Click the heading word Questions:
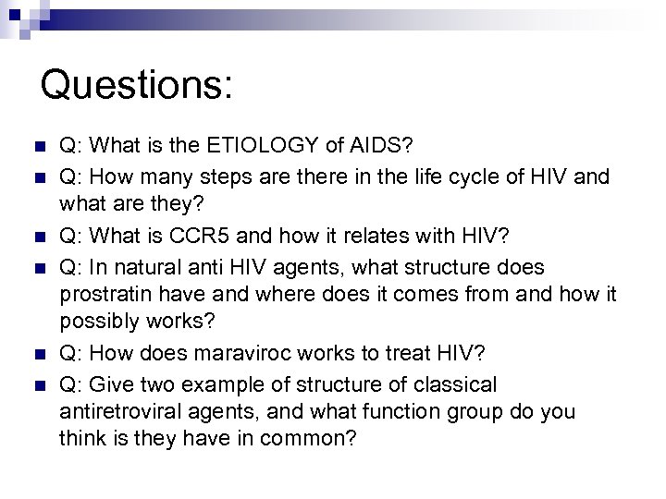click(137, 85)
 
